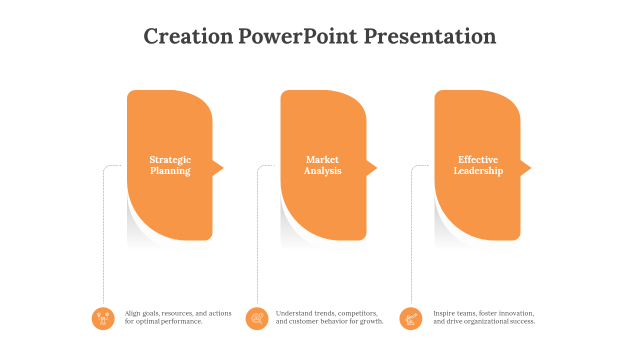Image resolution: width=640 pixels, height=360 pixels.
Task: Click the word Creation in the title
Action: tap(188, 36)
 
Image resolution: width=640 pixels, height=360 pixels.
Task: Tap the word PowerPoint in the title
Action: tap(297, 36)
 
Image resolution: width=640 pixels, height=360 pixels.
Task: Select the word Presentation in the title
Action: tap(430, 36)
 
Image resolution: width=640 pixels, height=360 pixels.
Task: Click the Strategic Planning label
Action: tap(170, 165)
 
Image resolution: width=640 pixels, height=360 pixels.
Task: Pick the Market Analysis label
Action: tap(322, 165)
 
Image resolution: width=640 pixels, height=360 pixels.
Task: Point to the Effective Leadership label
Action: tap(478, 165)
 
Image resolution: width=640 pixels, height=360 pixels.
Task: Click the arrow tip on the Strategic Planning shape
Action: tap(223, 168)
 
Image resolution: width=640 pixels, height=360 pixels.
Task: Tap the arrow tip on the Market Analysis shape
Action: tap(377, 168)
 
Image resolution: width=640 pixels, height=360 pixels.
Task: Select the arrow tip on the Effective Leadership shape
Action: tap(531, 168)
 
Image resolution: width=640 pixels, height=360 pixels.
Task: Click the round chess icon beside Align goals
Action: tap(103, 318)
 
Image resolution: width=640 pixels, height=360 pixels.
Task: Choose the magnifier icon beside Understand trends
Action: tap(257, 318)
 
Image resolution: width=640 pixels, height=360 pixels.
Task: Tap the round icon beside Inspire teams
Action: tap(411, 318)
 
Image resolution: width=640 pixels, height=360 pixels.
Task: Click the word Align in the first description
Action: tap(132, 313)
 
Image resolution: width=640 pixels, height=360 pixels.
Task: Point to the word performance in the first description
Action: tap(181, 321)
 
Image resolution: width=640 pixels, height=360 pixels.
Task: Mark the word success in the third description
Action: tap(522, 321)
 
